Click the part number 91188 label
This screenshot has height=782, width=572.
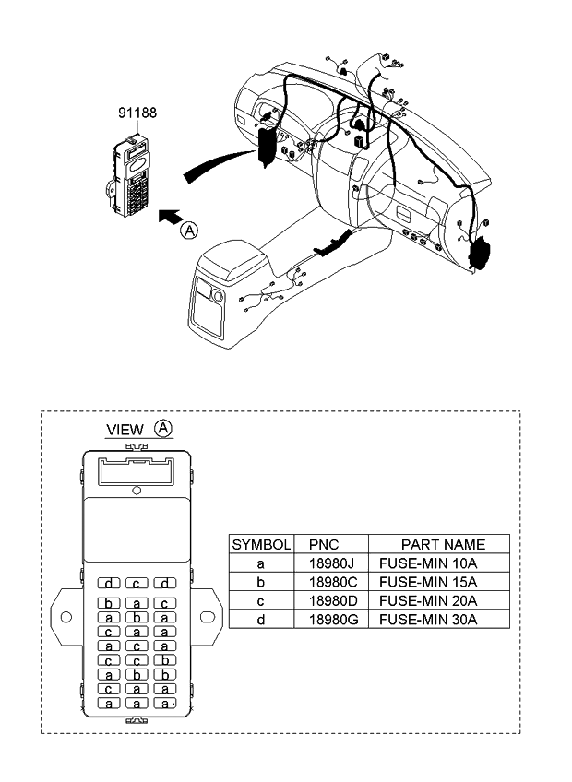137,113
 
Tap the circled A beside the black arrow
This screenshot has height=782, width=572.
189,231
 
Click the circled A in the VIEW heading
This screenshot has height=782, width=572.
163,428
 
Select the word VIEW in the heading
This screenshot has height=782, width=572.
125,430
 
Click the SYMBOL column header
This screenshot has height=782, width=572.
261,545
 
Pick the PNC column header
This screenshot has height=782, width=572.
324,545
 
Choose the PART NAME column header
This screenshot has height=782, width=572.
443,545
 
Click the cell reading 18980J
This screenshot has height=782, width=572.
331,563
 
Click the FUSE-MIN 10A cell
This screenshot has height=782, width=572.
428,563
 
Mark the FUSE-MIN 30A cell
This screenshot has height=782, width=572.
428,620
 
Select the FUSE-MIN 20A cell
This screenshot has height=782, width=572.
428,601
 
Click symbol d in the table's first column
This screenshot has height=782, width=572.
260,620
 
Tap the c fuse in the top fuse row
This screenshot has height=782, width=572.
137,583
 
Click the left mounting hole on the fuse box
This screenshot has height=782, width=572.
66,617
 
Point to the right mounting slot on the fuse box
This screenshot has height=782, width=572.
208,617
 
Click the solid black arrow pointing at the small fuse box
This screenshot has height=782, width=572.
170,217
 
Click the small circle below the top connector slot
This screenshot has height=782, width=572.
137,491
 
